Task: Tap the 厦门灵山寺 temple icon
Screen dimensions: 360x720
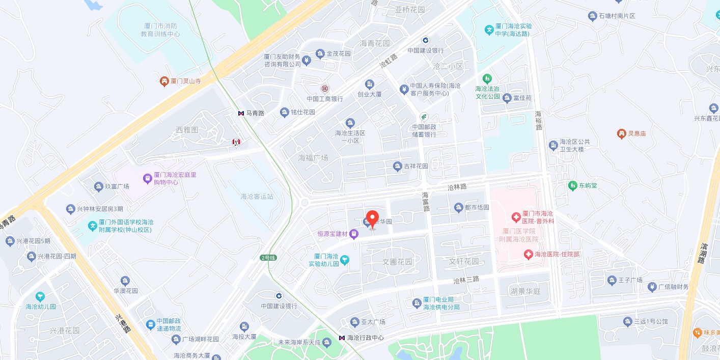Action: (x=164, y=81)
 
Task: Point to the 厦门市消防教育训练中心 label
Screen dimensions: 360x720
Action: (x=160, y=30)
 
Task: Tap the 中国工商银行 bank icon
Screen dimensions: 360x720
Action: (x=324, y=89)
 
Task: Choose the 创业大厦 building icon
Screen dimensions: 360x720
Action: (x=370, y=84)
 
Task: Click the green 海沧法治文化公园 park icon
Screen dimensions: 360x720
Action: (x=488, y=78)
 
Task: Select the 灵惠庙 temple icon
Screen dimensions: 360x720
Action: (x=621, y=133)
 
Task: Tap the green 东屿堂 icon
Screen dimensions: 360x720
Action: (x=572, y=186)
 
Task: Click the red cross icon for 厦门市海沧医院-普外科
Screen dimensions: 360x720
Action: (x=516, y=217)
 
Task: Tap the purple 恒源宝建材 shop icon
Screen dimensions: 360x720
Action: (x=354, y=234)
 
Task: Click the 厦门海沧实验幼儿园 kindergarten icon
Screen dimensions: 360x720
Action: (x=345, y=260)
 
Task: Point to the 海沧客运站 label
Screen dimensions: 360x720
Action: (x=257, y=197)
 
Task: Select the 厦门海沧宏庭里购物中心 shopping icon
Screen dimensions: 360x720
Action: (x=147, y=178)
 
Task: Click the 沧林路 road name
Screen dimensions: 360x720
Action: (x=457, y=187)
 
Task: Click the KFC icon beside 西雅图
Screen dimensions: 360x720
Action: (x=236, y=142)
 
